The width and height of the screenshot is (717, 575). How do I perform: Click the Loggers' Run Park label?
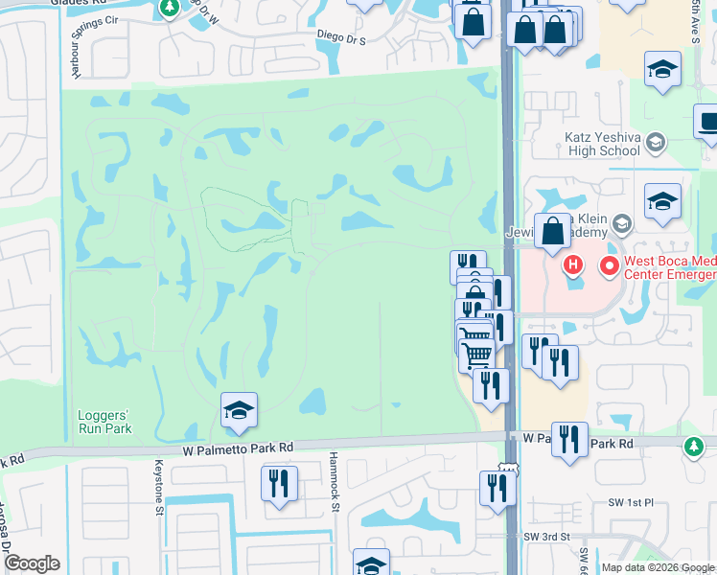click(104, 422)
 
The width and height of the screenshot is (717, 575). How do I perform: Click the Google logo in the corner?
click(32, 564)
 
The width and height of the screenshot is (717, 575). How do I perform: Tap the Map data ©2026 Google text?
click(659, 567)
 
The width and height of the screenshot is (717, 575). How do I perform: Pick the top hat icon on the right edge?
click(707, 124)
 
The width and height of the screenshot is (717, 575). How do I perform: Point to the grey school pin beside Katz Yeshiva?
click(656, 144)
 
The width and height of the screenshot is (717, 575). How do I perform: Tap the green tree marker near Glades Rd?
click(170, 9)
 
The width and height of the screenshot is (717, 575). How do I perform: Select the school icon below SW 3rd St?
click(371, 563)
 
